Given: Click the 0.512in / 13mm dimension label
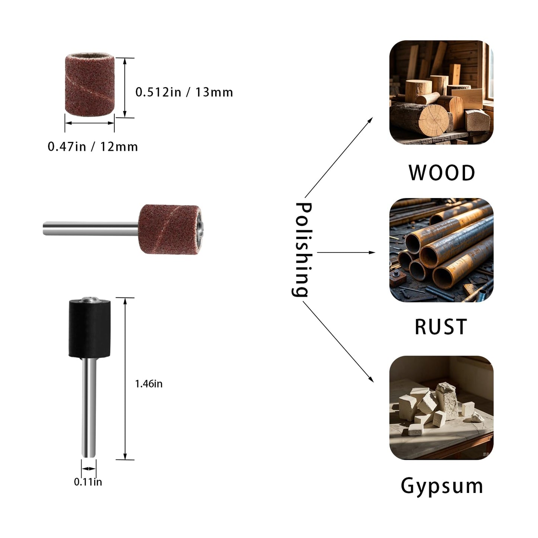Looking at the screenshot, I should tap(184, 92).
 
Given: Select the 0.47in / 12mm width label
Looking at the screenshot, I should tap(93, 147).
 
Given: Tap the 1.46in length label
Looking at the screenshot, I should tap(149, 384).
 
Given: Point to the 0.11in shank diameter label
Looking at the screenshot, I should tap(88, 482).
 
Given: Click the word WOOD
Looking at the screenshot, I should tap(442, 173).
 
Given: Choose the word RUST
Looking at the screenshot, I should tap(441, 327).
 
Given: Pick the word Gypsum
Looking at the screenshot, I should tap(442, 486).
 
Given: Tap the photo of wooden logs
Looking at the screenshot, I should tap(441, 92).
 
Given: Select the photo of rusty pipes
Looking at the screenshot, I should tap(441, 250).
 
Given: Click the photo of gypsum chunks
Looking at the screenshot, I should tap(441, 408).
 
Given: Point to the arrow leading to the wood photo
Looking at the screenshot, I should tap(338, 157).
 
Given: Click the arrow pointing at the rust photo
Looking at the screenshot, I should tap(346, 252).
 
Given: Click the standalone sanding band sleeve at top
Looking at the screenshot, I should tap(89, 85).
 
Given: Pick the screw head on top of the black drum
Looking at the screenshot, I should tap(90, 299).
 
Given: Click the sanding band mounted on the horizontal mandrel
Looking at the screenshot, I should tap(169, 229).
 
